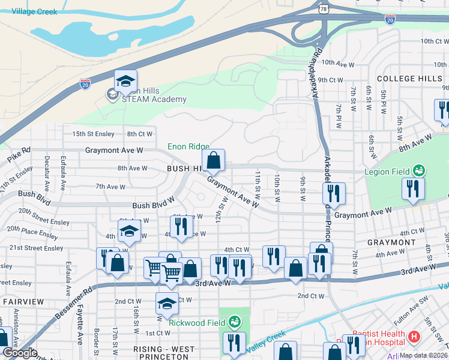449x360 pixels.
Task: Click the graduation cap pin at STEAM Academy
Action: (x=126, y=82)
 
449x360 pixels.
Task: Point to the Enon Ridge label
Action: (x=188, y=146)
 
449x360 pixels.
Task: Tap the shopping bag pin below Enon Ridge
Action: (x=213, y=161)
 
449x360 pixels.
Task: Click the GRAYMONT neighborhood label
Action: (x=391, y=242)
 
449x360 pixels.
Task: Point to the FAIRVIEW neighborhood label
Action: (x=22, y=301)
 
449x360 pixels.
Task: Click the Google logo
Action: (x=20, y=353)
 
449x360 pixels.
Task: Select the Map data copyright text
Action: (x=423, y=355)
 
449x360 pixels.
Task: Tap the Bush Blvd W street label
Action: (x=154, y=205)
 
